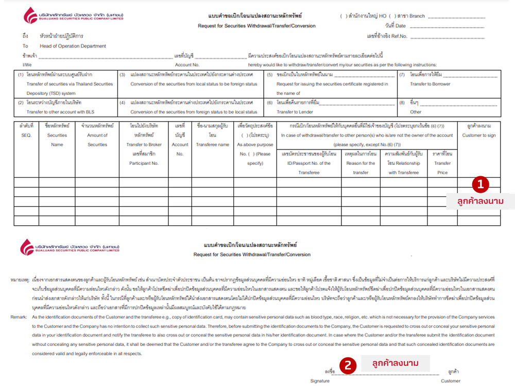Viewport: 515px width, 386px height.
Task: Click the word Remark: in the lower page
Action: [20, 317]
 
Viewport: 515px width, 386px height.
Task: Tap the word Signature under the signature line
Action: [319, 381]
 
